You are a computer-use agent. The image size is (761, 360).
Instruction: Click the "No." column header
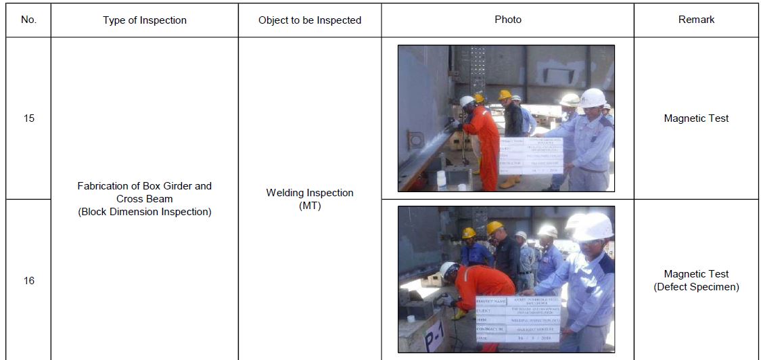(28, 20)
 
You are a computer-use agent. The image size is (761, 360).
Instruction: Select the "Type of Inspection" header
(144, 20)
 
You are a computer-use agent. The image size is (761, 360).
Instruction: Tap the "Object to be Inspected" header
(310, 20)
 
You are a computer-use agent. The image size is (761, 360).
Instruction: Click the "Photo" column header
(507, 20)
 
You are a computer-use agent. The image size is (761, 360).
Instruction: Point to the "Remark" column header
(696, 20)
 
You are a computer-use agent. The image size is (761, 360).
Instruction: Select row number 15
(28, 118)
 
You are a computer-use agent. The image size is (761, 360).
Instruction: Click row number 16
(28, 280)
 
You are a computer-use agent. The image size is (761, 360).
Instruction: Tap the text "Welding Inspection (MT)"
(310, 199)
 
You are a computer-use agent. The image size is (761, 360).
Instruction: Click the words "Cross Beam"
(144, 199)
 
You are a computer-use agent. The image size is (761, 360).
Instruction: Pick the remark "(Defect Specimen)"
(696, 287)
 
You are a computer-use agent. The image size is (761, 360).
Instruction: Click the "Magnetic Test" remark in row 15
(696, 118)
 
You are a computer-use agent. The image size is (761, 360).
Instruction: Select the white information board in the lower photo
(518, 318)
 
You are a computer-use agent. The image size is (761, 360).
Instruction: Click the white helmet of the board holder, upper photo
(593, 98)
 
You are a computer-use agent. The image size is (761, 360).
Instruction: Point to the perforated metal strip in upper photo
(478, 68)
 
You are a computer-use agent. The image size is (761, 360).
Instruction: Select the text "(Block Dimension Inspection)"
(144, 212)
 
